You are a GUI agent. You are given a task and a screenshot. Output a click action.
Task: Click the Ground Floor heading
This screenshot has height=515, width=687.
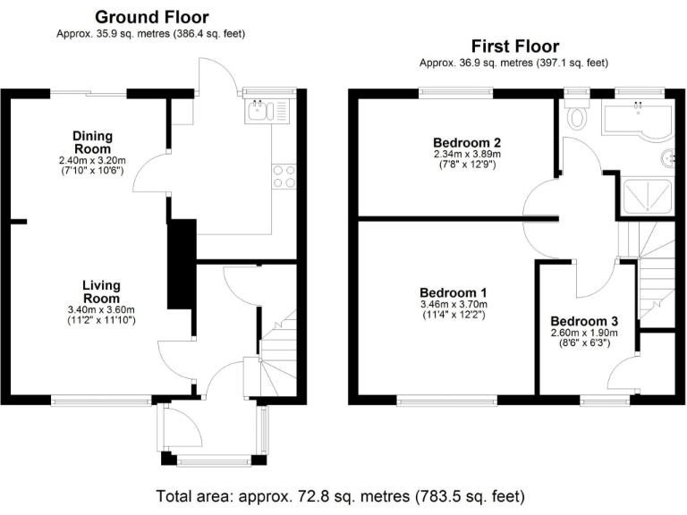tap(151, 17)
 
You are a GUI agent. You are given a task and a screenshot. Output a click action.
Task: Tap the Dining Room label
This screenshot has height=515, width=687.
tap(92, 142)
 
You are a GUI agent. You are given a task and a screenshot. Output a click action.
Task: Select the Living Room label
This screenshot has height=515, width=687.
tap(100, 291)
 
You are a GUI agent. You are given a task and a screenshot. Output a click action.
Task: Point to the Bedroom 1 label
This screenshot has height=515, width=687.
tap(454, 292)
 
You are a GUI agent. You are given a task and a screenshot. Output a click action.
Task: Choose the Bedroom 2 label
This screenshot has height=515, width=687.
tap(466, 142)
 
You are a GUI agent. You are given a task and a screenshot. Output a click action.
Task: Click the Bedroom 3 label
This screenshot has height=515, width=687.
tap(583, 321)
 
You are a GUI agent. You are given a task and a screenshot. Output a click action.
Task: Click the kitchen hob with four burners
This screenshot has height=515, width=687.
tap(284, 176)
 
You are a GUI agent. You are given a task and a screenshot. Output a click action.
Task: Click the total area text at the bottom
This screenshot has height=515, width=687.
tap(339, 495)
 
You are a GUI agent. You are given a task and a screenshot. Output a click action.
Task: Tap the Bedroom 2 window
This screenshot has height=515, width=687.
tap(457, 89)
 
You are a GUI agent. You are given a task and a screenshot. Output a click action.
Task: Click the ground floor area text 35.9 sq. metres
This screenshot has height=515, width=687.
tap(150, 34)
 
